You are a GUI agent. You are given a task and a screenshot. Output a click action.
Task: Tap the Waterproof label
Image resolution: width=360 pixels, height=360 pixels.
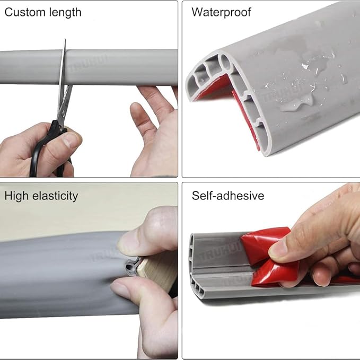point(221,12)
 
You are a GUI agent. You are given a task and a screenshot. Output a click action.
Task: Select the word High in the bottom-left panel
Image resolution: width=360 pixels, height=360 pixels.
point(16,196)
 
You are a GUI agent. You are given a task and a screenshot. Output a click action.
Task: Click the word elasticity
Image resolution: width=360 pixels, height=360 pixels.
point(55,196)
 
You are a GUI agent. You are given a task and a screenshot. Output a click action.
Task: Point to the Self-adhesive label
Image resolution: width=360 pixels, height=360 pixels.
point(228,196)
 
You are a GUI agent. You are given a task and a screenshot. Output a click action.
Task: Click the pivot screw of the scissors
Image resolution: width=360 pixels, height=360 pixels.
point(63,112)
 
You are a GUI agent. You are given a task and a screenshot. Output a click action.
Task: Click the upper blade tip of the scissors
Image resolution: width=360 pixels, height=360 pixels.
point(65,39)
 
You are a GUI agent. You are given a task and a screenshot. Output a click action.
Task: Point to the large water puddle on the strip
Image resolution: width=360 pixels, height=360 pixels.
point(296,103)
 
